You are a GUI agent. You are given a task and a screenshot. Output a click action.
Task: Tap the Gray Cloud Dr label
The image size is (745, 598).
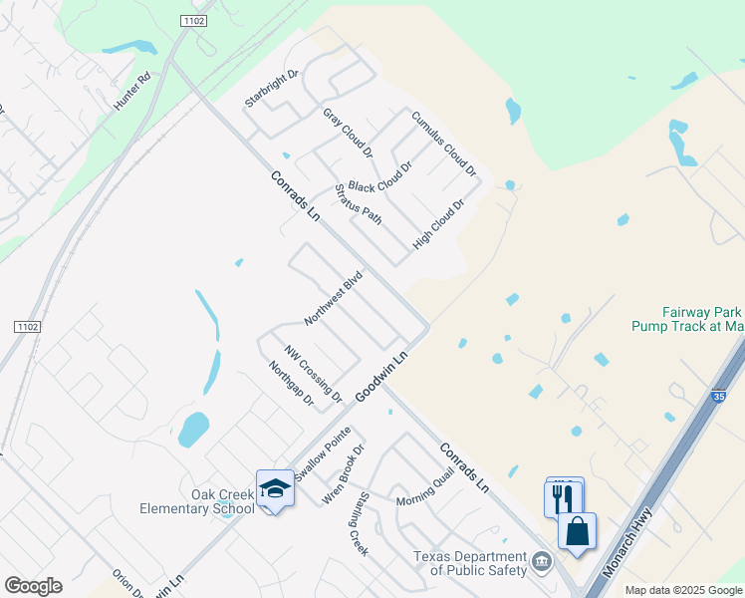pyautogui.click(x=347, y=134)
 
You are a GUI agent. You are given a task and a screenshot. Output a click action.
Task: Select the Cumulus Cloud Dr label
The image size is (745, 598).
pyautogui.click(x=444, y=144)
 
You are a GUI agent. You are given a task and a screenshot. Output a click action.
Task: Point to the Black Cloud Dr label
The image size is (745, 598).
pyautogui.click(x=379, y=173)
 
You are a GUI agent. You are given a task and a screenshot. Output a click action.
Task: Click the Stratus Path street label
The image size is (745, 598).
pyautogui.click(x=359, y=204)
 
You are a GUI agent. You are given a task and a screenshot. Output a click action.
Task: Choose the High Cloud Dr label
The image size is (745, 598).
pyautogui.click(x=439, y=224)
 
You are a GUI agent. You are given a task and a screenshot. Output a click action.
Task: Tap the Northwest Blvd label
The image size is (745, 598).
pyautogui.click(x=332, y=298)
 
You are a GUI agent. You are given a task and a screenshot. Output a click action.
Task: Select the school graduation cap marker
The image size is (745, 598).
pyautogui.click(x=275, y=488)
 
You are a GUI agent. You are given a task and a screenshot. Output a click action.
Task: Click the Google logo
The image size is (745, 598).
pyautogui.click(x=33, y=586)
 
